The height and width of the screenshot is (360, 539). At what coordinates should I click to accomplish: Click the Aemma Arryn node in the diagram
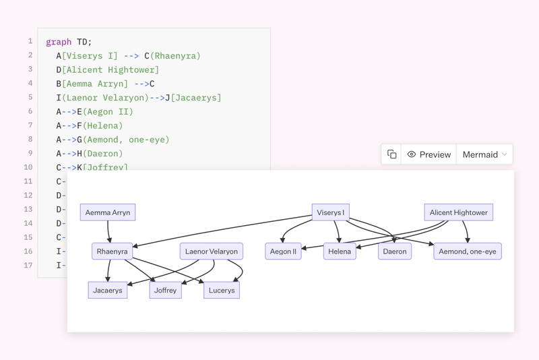[x=108, y=212]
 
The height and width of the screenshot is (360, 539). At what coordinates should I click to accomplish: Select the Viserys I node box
[x=330, y=212]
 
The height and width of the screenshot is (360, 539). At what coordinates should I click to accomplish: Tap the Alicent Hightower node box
[x=458, y=212]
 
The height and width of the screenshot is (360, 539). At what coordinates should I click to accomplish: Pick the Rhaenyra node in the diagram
[x=112, y=251]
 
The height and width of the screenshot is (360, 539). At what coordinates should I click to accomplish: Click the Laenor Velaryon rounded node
[x=212, y=251]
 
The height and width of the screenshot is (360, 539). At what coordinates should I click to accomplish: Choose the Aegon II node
[x=283, y=251]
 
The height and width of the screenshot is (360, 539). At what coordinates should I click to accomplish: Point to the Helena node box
[x=340, y=251]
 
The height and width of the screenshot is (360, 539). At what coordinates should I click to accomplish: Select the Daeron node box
[x=395, y=251]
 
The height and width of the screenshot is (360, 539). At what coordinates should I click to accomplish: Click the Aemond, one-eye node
[x=467, y=251]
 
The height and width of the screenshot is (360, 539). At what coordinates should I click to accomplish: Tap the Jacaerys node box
[x=108, y=291]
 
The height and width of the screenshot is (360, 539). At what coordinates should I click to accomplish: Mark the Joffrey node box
[x=165, y=291]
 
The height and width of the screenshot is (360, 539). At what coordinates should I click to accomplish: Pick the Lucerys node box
[x=222, y=291]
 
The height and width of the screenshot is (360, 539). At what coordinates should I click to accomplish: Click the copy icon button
[x=391, y=154]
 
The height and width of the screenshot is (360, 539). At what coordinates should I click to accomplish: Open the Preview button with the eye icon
[x=429, y=154]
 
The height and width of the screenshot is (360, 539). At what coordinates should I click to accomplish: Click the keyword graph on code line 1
[x=59, y=42]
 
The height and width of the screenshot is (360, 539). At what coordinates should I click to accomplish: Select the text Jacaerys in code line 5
[x=196, y=98]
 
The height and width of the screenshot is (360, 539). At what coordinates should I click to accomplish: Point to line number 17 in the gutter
[x=28, y=265]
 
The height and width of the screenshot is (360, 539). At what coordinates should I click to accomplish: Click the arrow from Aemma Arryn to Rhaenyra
[x=109, y=232]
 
